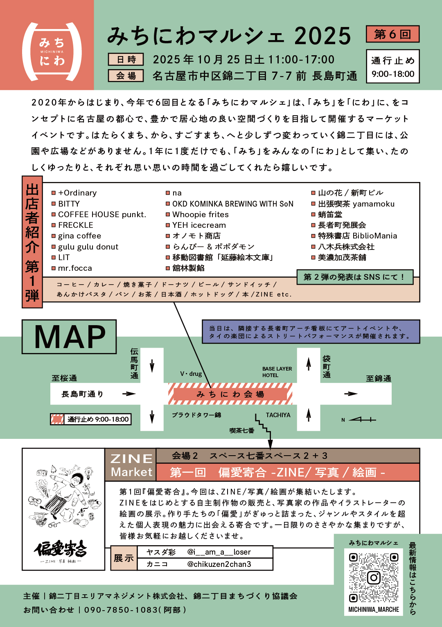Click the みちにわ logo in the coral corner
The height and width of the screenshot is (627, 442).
[x=52, y=52]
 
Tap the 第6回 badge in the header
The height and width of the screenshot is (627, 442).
[x=392, y=34]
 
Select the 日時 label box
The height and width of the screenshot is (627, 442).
[x=126, y=60]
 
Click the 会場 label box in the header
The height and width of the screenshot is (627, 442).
[x=126, y=76]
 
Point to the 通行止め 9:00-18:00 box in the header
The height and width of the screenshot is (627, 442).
[x=393, y=67]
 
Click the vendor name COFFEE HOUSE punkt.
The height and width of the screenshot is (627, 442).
[x=102, y=214]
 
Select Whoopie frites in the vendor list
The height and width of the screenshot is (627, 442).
[x=201, y=214]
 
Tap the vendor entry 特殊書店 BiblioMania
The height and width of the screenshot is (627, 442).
[x=357, y=236]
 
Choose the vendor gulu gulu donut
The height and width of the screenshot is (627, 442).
[x=88, y=247]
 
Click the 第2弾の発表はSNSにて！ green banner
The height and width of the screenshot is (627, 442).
[x=354, y=277]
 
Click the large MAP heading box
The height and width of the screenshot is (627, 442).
[x=69, y=337]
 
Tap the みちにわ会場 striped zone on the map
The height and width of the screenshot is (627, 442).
[x=230, y=394]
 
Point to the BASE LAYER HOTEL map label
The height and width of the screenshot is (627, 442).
[x=277, y=372]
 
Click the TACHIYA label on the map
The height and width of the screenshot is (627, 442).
[x=278, y=415]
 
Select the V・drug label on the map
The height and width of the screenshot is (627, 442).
[x=191, y=373]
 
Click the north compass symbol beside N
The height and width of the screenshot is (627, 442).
[x=363, y=419]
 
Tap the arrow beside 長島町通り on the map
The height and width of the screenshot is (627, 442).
[x=129, y=394]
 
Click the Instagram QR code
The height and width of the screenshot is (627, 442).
[x=373, y=577]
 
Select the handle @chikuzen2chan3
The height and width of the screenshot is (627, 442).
[x=219, y=564]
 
